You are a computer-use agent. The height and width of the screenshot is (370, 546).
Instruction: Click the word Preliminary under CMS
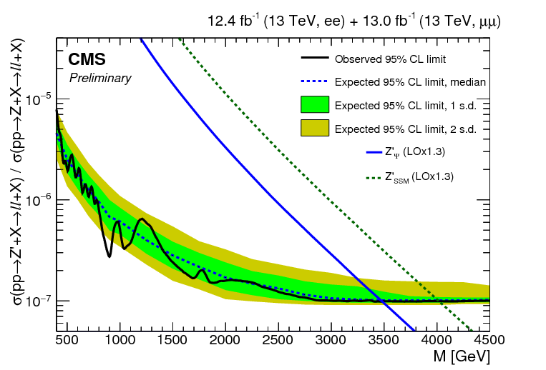coord(100,78)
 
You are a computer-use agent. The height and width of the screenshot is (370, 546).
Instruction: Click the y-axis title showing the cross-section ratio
coord(16,193)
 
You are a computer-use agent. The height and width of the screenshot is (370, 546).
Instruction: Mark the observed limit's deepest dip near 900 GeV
coord(109,256)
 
